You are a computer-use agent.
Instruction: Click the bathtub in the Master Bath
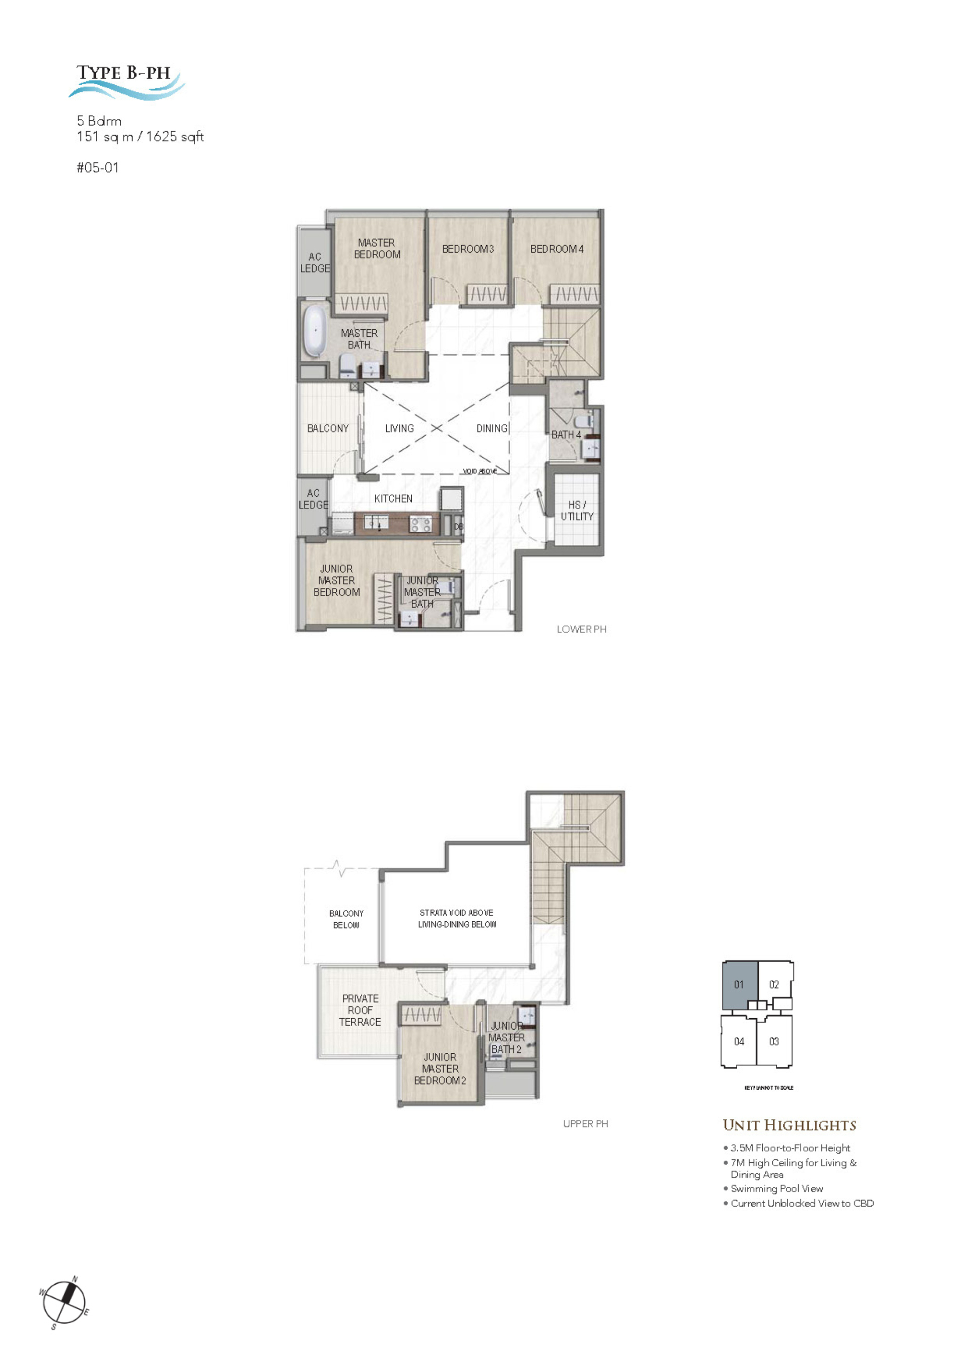[x=314, y=331]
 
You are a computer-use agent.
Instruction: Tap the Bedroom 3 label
[x=468, y=249]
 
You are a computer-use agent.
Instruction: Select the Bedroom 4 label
[x=557, y=249]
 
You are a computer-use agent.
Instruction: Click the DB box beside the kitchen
[x=458, y=526]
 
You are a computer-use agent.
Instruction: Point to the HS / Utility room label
[x=576, y=510]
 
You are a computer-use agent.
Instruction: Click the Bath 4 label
[x=566, y=435]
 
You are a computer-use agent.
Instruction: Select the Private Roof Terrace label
[x=360, y=1010]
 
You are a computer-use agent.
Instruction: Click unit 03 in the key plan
[x=774, y=1041]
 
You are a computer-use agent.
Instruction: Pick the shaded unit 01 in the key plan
[x=739, y=984]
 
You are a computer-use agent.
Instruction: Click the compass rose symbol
[x=65, y=1302]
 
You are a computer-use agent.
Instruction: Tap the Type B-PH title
[x=124, y=73]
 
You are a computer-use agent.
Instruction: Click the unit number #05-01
[x=98, y=167]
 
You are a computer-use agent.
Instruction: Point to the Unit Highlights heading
[x=789, y=1125]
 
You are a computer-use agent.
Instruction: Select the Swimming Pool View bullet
[x=776, y=1188]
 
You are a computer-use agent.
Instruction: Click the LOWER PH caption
[x=581, y=629]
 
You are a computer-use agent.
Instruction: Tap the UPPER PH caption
[x=585, y=1123]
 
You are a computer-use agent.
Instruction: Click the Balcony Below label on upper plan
[x=346, y=919]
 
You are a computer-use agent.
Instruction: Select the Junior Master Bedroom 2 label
[x=440, y=1068]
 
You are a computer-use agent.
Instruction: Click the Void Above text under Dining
[x=480, y=471]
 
